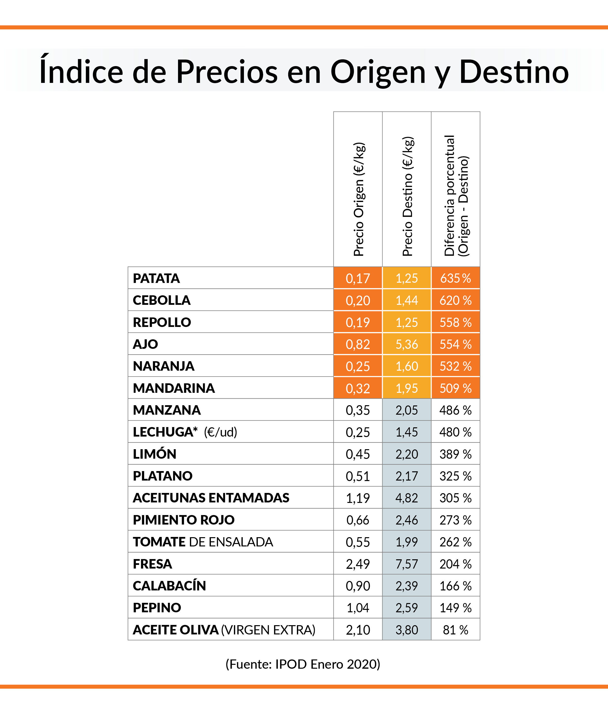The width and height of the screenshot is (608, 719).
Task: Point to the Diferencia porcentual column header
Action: pos(456,196)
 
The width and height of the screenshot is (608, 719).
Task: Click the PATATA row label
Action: pos(156,278)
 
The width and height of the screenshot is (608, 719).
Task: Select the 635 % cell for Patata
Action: pos(455,278)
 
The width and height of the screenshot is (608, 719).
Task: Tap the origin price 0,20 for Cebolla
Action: pos(358,300)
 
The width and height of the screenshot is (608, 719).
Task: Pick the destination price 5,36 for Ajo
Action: pos(407,344)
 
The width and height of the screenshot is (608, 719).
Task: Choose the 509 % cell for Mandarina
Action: pos(455,388)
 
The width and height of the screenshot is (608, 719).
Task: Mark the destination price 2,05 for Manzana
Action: pos(407,410)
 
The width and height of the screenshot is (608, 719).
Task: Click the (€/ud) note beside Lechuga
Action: pos(221,432)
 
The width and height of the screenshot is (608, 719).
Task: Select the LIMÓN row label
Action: pos(154,454)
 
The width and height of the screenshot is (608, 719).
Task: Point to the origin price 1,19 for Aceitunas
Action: pos(358,498)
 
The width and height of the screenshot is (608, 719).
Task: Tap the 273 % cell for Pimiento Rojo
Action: pos(455,520)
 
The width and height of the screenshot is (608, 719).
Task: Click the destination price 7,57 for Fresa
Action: pos(407,564)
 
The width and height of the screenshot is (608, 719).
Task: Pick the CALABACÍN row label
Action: pos(169,586)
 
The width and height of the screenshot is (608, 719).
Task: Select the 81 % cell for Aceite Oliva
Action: pos(455,630)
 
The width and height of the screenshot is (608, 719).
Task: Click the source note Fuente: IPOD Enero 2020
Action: pos(303,664)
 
